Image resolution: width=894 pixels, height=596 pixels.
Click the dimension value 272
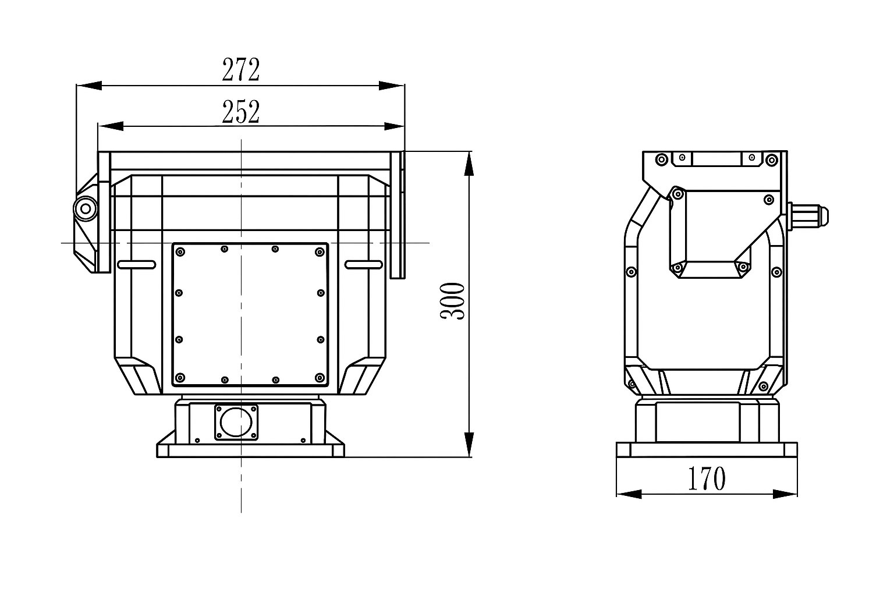point(240,70)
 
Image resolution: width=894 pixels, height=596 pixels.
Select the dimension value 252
point(240,112)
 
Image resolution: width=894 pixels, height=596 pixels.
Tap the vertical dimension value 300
point(453,301)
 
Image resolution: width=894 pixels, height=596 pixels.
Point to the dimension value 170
point(707,479)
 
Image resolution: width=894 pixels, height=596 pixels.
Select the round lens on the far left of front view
point(86,208)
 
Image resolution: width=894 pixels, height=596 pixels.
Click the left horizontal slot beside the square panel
point(136,265)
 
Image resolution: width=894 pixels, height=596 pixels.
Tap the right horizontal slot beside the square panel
point(364,265)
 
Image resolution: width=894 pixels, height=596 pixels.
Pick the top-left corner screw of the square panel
point(180,251)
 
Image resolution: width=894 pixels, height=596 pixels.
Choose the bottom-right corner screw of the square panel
point(319,378)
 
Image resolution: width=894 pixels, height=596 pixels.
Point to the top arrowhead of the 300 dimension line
point(469,163)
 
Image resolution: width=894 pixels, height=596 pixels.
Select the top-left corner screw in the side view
point(661,159)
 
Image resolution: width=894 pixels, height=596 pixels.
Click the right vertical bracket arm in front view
point(398,215)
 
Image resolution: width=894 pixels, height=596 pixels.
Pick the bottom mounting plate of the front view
point(250,450)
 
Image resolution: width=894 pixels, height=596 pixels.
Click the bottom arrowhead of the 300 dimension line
point(469,445)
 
